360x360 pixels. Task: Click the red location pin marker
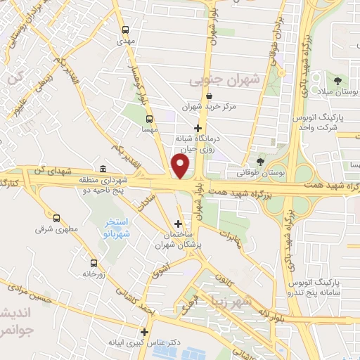click(x=181, y=166)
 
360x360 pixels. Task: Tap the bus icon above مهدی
click(x=125, y=30)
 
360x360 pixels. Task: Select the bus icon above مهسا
click(x=148, y=118)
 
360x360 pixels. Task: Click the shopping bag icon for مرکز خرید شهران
click(x=209, y=96)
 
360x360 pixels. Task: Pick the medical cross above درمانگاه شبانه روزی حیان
click(x=198, y=129)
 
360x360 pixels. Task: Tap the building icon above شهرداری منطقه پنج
click(x=103, y=169)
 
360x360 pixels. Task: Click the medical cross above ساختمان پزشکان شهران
click(x=178, y=224)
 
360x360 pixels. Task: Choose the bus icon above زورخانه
click(x=89, y=262)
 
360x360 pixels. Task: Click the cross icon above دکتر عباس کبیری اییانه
click(x=145, y=332)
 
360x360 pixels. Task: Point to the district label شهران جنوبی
click(x=224, y=80)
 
